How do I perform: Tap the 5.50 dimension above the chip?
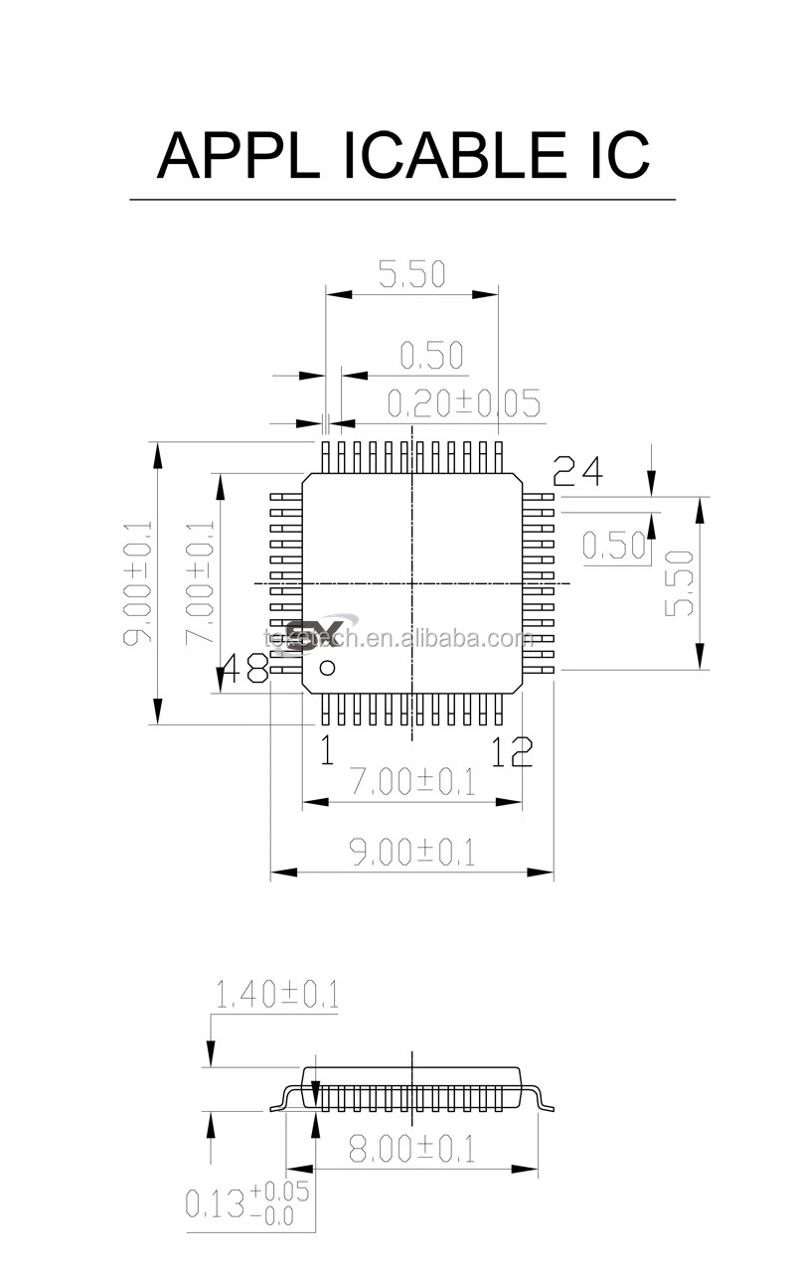click(411, 274)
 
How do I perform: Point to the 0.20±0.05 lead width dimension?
click(463, 403)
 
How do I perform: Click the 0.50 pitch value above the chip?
click(431, 355)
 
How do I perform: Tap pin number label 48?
click(243, 669)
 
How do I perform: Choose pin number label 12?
click(511, 753)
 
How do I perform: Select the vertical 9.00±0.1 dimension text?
click(136, 582)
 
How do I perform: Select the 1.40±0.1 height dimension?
click(276, 995)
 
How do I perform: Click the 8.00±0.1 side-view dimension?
click(411, 1150)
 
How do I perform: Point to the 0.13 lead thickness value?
click(215, 1203)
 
